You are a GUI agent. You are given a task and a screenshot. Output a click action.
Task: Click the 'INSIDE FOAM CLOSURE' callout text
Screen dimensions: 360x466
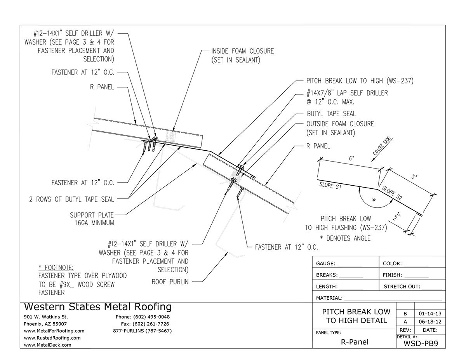click(242, 51)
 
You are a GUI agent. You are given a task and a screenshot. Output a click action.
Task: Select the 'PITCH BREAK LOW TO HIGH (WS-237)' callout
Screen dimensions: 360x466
click(359, 82)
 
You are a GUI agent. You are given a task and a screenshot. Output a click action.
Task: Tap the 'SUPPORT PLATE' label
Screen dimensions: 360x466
click(92, 215)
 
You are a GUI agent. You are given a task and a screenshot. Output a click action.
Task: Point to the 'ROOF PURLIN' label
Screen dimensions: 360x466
click(170, 282)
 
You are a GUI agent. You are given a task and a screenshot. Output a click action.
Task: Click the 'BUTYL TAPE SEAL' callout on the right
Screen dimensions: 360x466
click(331, 114)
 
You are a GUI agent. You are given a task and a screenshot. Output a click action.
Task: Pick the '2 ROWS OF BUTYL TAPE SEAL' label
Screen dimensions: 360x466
click(71, 200)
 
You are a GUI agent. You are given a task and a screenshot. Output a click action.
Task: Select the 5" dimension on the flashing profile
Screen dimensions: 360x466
click(414, 177)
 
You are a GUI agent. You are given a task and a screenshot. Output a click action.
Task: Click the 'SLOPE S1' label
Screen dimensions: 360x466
click(330, 185)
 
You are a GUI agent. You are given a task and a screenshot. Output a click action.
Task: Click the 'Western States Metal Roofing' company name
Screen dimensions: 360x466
click(97, 307)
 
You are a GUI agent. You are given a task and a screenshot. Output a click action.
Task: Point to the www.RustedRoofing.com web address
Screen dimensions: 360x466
click(52, 338)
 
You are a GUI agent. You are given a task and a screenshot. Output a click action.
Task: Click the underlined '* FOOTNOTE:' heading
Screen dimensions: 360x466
click(56, 268)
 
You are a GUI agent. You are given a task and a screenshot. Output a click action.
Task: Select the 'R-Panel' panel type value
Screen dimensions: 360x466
click(355, 342)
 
